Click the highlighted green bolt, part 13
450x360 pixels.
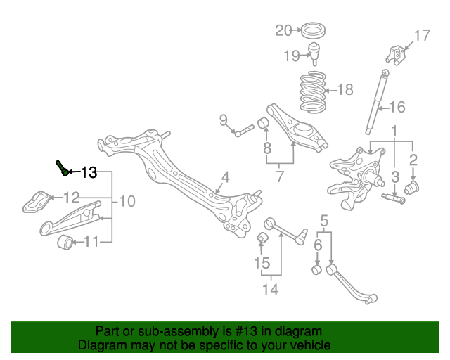pyautogui.click(x=62, y=168)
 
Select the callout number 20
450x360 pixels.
pyautogui.click(x=283, y=30)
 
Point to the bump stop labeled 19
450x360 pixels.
pyautogui.click(x=316, y=53)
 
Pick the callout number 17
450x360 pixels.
pyautogui.click(x=421, y=36)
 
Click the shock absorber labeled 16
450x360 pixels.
pyautogui.click(x=376, y=103)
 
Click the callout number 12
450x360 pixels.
pyautogui.click(x=73, y=197)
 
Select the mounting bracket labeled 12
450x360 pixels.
pyautogui.click(x=36, y=202)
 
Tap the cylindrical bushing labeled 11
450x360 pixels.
pyautogui.click(x=65, y=243)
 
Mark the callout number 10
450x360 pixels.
pyautogui.click(x=127, y=202)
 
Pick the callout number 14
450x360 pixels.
pyautogui.click(x=270, y=288)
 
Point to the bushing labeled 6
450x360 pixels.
pyautogui.click(x=316, y=269)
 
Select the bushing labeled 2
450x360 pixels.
pyautogui.click(x=413, y=187)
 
